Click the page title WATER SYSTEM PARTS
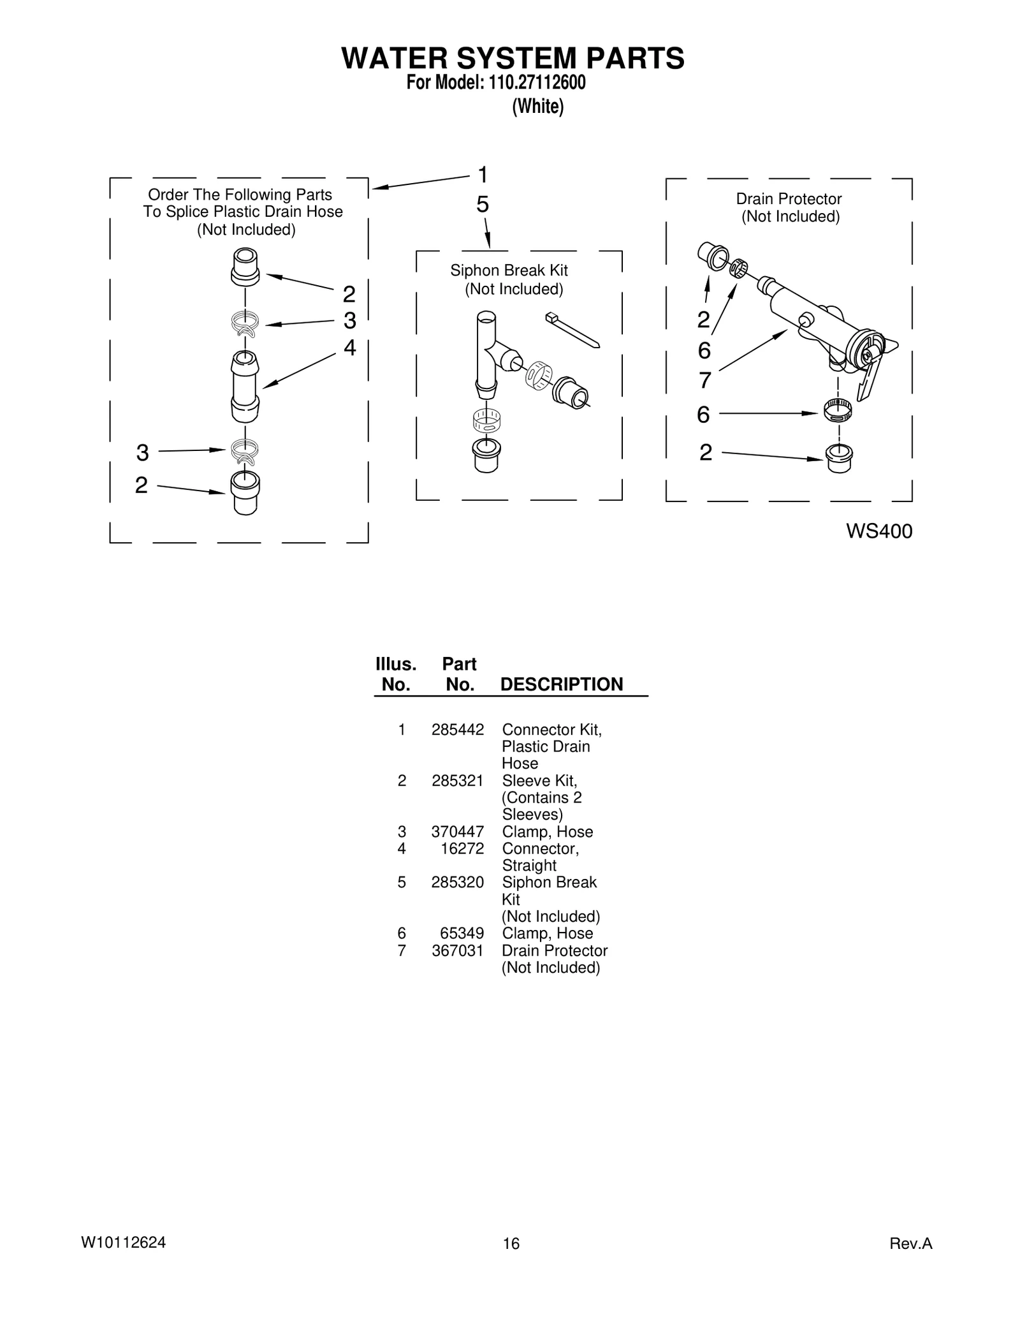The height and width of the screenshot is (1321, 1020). (513, 59)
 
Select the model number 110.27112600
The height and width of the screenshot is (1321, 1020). (536, 83)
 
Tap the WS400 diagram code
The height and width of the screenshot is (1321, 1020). (878, 531)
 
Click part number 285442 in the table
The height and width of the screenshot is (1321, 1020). (457, 729)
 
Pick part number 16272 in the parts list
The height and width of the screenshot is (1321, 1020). (462, 848)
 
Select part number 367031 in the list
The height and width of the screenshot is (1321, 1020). (457, 950)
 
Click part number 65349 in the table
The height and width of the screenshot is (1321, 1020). (462, 933)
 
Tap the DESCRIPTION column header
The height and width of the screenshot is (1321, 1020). (561, 684)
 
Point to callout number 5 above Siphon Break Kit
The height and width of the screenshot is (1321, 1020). (483, 205)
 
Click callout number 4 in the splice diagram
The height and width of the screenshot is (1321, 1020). (349, 348)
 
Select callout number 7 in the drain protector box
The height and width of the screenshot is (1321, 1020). (704, 381)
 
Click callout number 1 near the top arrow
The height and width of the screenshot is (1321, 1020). (483, 174)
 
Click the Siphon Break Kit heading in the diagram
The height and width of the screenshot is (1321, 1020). (509, 270)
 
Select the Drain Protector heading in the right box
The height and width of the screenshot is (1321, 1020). (789, 199)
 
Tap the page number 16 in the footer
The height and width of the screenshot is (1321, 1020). (511, 1243)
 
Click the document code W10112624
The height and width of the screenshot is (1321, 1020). (123, 1243)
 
